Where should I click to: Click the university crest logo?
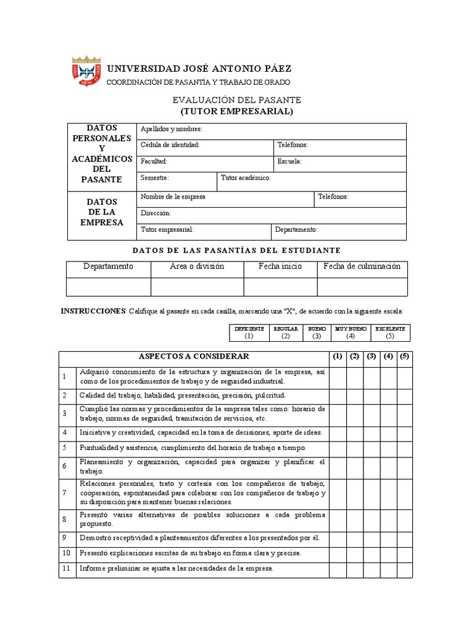86,71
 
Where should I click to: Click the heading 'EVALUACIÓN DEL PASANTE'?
236,100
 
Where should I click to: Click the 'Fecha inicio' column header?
280,267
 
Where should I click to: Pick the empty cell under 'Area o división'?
197,287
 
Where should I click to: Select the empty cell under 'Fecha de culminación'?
362,287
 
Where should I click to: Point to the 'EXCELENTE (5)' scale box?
389,333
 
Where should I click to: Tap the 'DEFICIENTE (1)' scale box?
249,333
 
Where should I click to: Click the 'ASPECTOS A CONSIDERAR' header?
194,357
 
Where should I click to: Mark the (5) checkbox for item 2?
404,395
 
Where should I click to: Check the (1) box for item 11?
337,569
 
